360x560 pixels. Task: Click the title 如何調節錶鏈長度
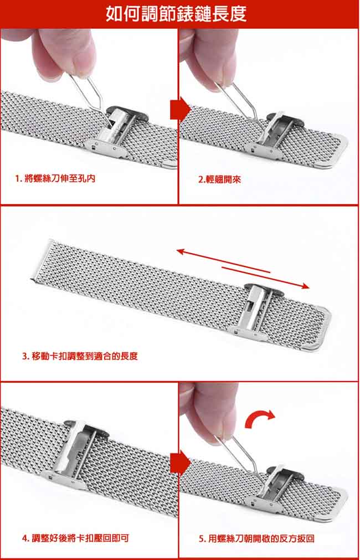[x=177, y=14]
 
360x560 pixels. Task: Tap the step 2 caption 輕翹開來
[x=219, y=179]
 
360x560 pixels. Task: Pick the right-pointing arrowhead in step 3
[x=304, y=285]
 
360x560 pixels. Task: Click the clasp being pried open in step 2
[x=273, y=135]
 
